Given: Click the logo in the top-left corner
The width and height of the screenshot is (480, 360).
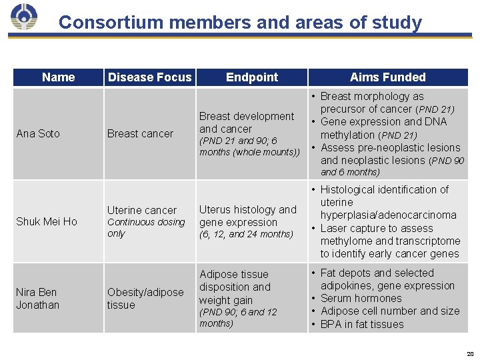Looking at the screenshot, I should tap(24, 18).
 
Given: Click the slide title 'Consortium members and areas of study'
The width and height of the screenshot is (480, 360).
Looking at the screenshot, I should tap(240, 23).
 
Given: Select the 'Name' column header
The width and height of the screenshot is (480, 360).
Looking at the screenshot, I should tap(58, 77).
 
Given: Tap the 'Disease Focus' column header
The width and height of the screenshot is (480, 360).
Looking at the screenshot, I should tap(149, 77).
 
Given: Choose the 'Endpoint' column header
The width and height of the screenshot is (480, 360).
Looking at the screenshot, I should tap(252, 77).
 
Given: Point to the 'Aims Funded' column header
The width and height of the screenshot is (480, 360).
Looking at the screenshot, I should tap(387, 77).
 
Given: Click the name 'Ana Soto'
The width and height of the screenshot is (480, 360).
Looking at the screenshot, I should tap(38, 133).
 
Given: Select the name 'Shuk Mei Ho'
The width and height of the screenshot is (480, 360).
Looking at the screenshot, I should tap(47, 221).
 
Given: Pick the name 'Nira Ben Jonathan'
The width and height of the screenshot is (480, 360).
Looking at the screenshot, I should tap(37, 299).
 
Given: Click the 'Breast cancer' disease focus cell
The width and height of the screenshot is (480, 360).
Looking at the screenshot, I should tap(140, 133).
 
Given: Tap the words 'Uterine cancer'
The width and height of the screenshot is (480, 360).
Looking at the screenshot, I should tap(142, 210).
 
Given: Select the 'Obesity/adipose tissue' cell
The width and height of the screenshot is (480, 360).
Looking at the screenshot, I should tap(145, 299).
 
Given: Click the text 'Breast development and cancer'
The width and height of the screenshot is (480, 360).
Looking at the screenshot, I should tap(246, 123).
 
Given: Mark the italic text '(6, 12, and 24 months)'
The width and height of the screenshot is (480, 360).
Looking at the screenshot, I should tap(246, 235).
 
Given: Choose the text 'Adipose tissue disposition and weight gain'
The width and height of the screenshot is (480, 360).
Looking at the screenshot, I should tap(235, 287).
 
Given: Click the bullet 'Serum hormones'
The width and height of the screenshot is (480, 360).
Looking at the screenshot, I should tap(361, 299).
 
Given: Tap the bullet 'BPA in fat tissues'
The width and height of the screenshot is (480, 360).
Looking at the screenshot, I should tap(362, 325).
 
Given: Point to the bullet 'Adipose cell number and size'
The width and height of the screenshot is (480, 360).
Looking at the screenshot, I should tap(389, 311).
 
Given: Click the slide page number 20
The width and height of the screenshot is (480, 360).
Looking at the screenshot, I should tap(469, 353).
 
